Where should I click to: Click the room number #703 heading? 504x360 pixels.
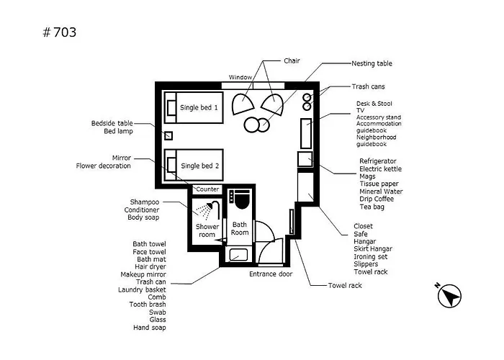coord(60,32)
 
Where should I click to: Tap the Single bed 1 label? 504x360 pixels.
coord(199,108)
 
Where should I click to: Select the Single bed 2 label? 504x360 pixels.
coord(199,166)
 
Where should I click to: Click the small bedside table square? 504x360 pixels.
coord(168,135)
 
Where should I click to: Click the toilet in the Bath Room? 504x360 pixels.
coord(242,199)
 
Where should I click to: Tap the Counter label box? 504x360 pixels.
coord(207,189)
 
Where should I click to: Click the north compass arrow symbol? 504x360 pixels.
coord(449,295)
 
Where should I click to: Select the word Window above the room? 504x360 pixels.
coord(240,78)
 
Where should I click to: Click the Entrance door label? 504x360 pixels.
coord(271,274)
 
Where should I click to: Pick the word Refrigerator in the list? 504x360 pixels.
coord(378,161)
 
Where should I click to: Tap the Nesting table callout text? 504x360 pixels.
coord(372,63)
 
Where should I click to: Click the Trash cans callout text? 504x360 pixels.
coord(368,86)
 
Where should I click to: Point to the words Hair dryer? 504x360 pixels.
coord(150,267)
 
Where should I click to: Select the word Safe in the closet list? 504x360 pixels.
coord(360,234)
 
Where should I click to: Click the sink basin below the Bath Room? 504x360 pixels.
coord(238,255)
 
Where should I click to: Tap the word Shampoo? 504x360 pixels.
coord(144,202)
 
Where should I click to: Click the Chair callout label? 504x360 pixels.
coord(292,60)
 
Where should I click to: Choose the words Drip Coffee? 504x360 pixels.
coord(377,199)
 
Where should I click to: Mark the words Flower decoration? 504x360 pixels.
coord(103,166)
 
